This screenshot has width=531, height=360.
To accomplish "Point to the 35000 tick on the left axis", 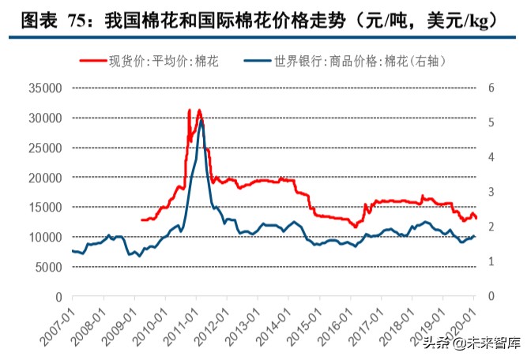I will click(46, 88).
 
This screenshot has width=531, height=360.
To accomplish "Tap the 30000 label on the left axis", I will click(46, 118).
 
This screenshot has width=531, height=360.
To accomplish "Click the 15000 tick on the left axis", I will click(46, 208).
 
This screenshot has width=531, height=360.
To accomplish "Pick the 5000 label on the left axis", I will click(49, 267).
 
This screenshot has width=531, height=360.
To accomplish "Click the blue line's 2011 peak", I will click(201, 121).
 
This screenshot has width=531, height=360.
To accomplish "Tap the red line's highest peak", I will click(199, 110).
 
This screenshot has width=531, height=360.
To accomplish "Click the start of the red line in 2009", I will click(141, 220).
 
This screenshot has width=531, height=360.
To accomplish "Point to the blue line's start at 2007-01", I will click(72, 251).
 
